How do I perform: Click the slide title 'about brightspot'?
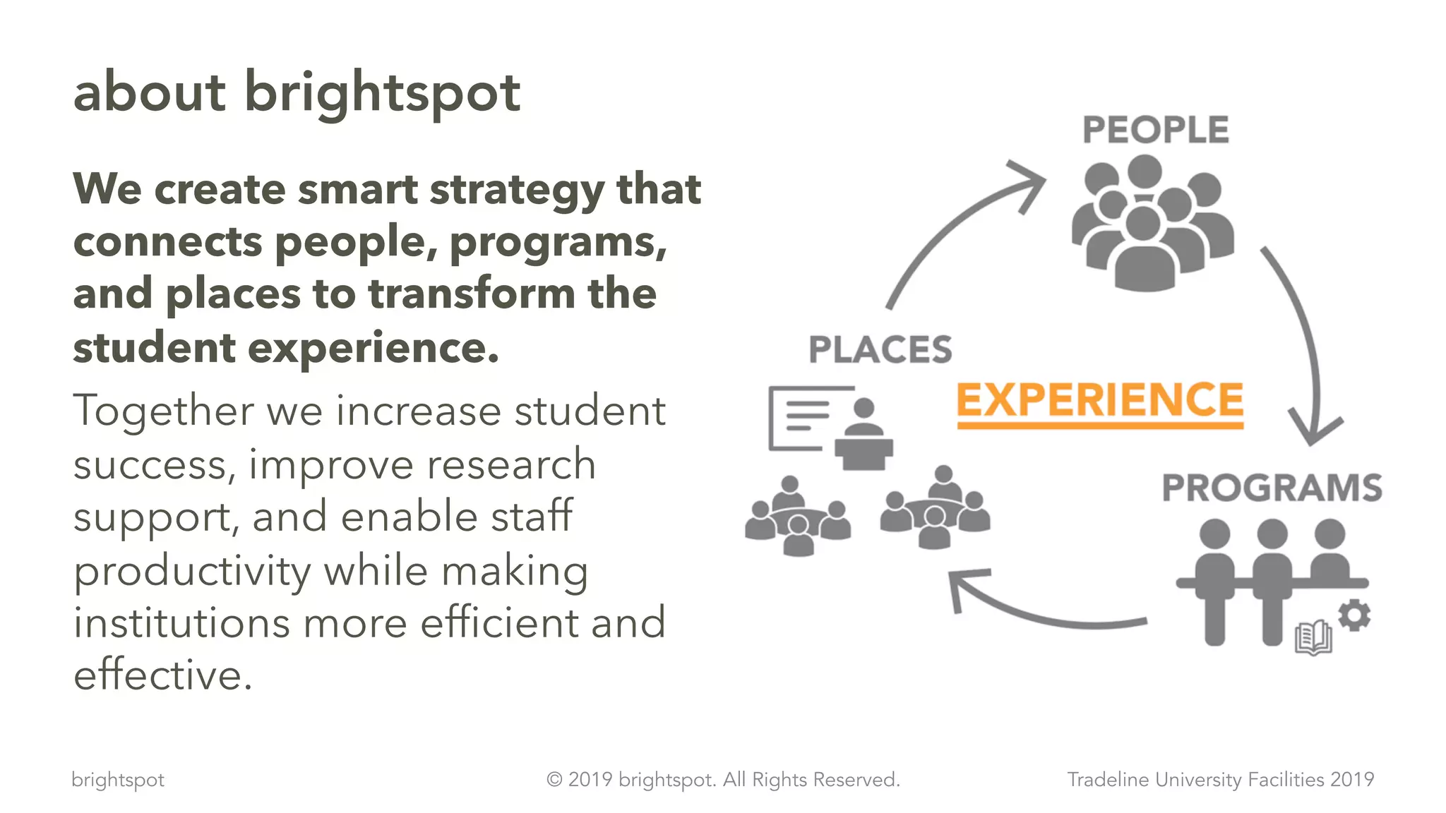(x=297, y=92)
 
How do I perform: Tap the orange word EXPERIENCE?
(x=1099, y=401)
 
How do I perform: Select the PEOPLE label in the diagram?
(x=1156, y=130)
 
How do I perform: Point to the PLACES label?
(x=880, y=350)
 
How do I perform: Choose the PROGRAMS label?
(x=1272, y=488)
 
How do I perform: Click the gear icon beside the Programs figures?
(x=1354, y=615)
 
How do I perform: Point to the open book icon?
(x=1313, y=638)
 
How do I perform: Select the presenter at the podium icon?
(x=863, y=434)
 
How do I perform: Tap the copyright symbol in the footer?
(x=554, y=780)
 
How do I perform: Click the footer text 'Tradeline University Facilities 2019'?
(x=1220, y=780)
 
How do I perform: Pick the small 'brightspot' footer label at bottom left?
(x=118, y=780)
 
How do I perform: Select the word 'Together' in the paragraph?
(x=163, y=411)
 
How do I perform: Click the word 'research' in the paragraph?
(x=511, y=465)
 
